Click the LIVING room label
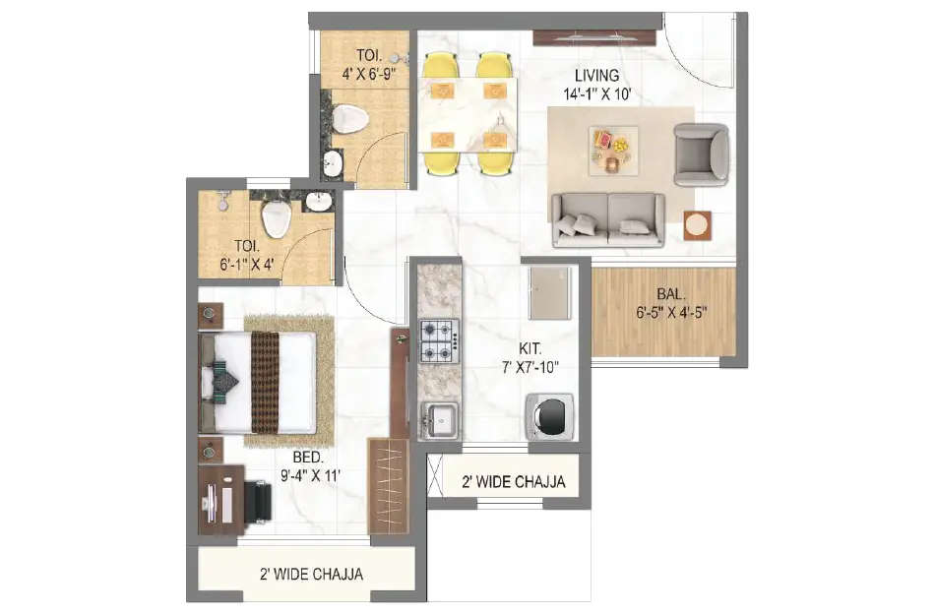tap(597, 75)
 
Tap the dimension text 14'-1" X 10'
tap(597, 94)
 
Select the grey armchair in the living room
tap(701, 154)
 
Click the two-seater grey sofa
tap(607, 218)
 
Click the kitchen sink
tap(440, 420)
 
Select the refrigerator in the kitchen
tap(549, 292)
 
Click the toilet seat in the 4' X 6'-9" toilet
tap(349, 120)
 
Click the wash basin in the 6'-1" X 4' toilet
tap(319, 202)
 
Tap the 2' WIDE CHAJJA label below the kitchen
tap(514, 482)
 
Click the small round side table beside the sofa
tap(697, 224)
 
